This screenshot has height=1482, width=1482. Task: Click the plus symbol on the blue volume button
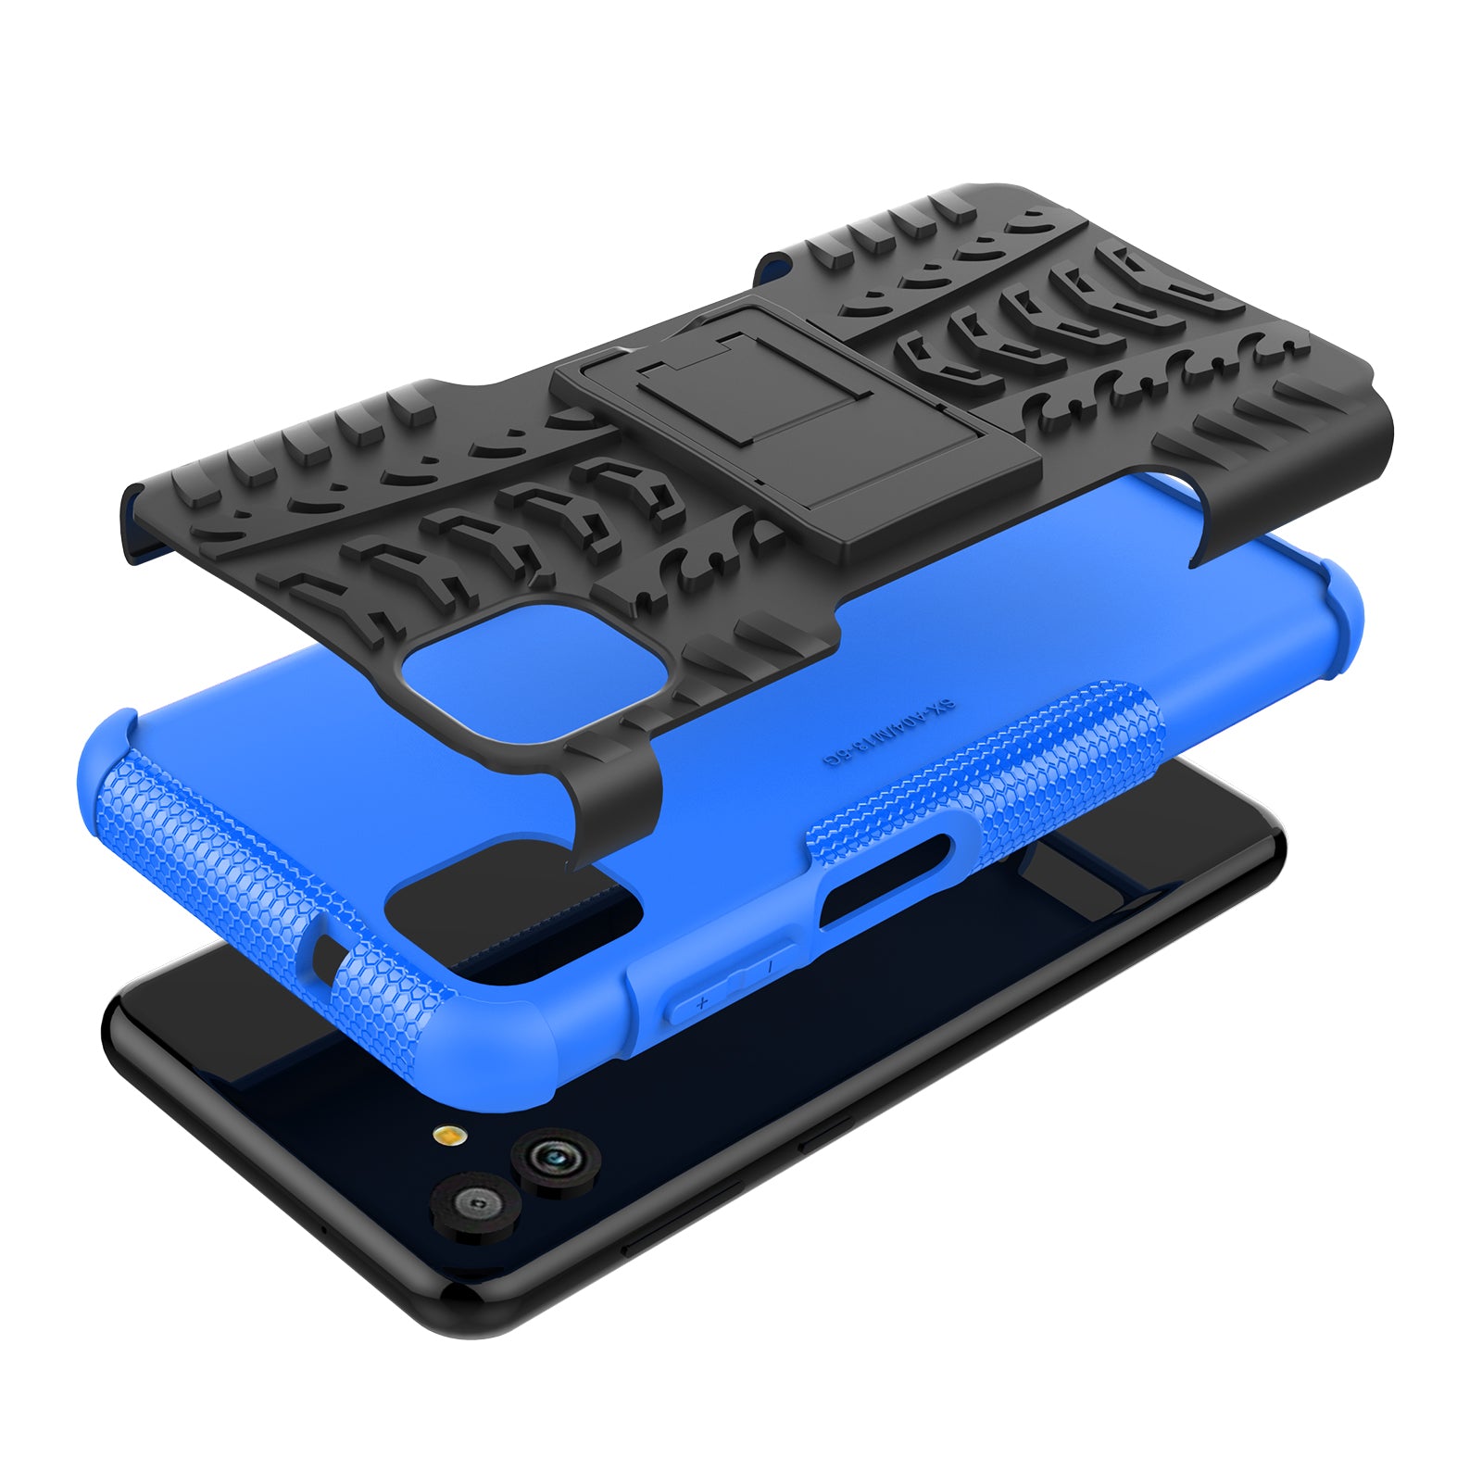click(702, 1002)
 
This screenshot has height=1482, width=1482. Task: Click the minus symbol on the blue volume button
click(771, 967)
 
